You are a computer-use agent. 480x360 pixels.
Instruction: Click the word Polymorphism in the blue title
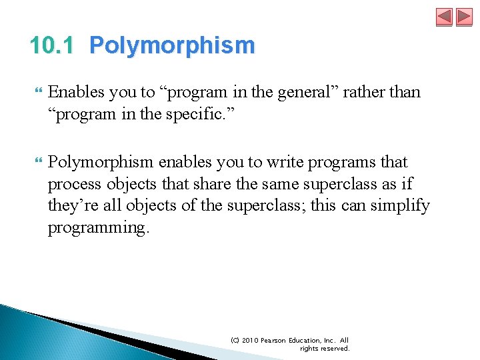point(172,46)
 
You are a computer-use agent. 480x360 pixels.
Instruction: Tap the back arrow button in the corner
point(444,17)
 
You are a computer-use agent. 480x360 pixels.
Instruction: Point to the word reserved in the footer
point(335,349)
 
